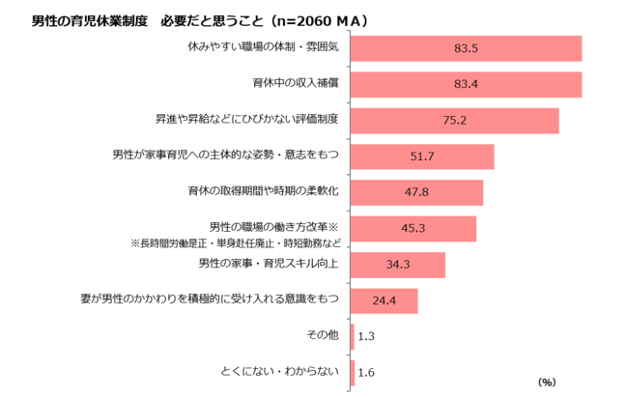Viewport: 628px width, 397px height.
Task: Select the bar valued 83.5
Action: [x=466, y=48]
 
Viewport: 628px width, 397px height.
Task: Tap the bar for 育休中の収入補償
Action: [x=466, y=85]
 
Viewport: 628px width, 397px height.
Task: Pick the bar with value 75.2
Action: [x=454, y=121]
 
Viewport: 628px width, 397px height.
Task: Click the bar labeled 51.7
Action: [x=422, y=156]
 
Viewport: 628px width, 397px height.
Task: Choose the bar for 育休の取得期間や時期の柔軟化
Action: [x=416, y=192]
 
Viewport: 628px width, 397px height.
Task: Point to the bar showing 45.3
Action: [x=413, y=229]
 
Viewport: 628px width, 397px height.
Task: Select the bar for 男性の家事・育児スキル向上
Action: [x=397, y=265]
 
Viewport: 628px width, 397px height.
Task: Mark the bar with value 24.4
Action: [x=384, y=300]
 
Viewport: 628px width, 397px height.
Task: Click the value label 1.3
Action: [x=366, y=337]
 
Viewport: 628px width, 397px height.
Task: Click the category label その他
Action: [x=323, y=335]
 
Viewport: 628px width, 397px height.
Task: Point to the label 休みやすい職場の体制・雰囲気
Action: [x=263, y=46]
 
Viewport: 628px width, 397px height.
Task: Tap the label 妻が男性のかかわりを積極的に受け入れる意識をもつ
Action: [x=210, y=298]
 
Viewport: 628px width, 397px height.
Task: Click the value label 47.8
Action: [x=416, y=192]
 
